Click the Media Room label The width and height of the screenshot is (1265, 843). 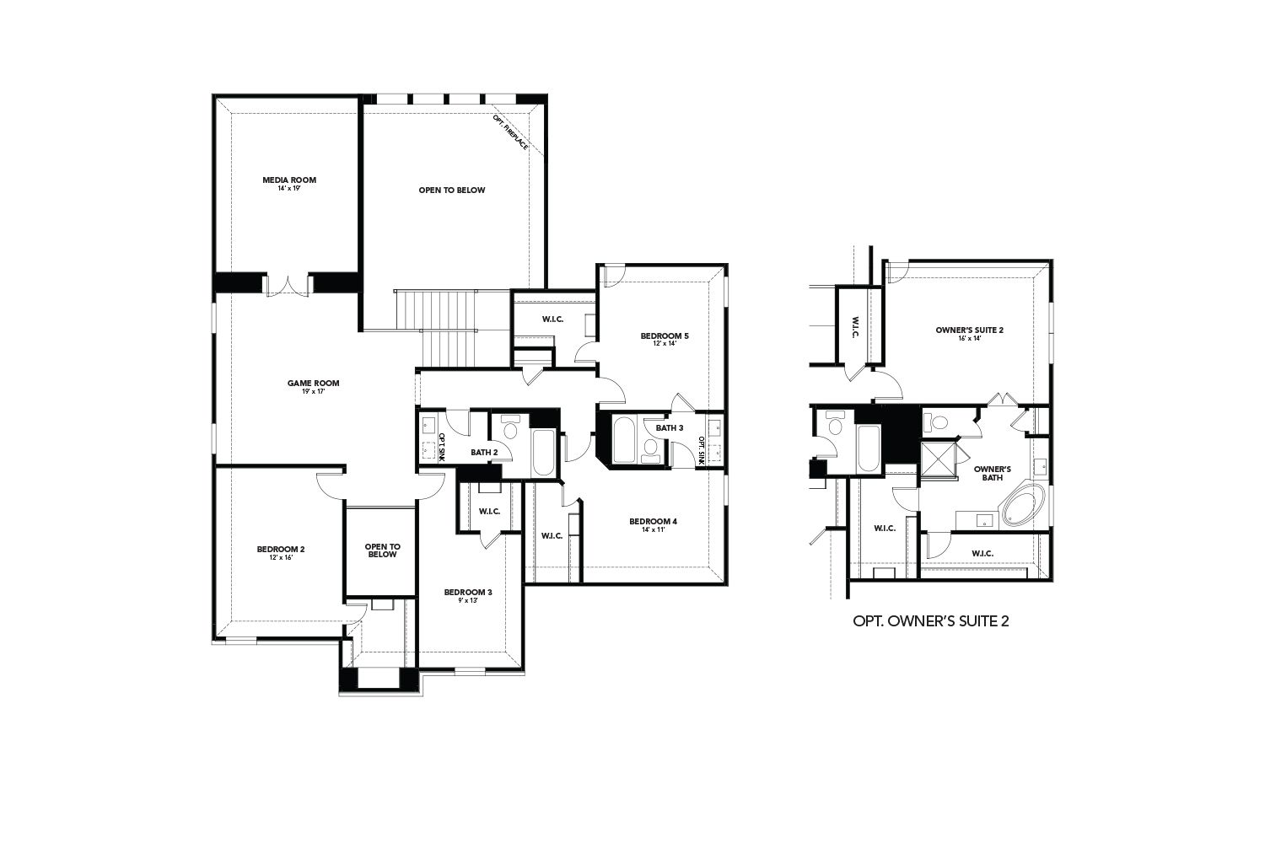(289, 180)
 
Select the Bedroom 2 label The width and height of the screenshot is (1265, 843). (281, 550)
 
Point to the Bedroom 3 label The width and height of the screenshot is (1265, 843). (468, 592)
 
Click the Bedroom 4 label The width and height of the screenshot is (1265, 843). (654, 521)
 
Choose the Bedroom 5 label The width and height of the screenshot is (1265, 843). (665, 336)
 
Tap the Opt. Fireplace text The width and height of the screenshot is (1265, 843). (511, 133)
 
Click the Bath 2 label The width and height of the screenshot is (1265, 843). (484, 453)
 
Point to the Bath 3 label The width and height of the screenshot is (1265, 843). (669, 428)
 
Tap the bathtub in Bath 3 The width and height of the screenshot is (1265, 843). (625, 439)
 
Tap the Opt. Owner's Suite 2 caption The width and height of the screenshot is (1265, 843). (931, 621)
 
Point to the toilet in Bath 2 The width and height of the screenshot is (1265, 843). (509, 429)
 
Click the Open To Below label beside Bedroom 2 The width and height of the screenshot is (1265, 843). (382, 550)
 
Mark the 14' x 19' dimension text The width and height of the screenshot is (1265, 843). (289, 189)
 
